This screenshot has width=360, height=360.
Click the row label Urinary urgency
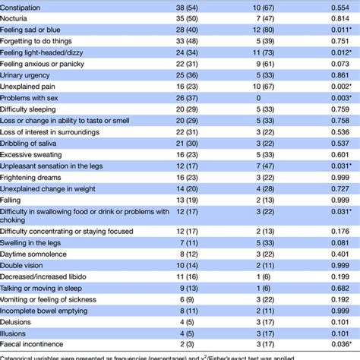[32, 87]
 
